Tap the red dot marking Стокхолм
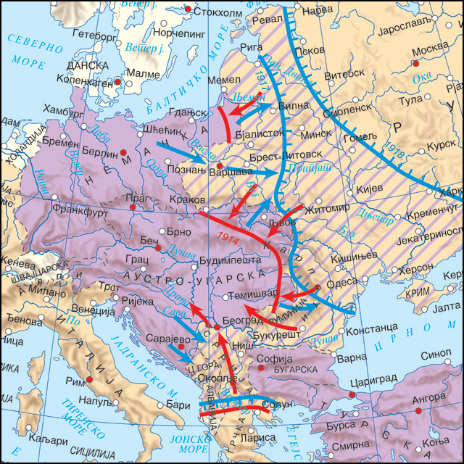(x=189, y=9)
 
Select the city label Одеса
(x=341, y=283)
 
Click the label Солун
(x=280, y=404)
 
